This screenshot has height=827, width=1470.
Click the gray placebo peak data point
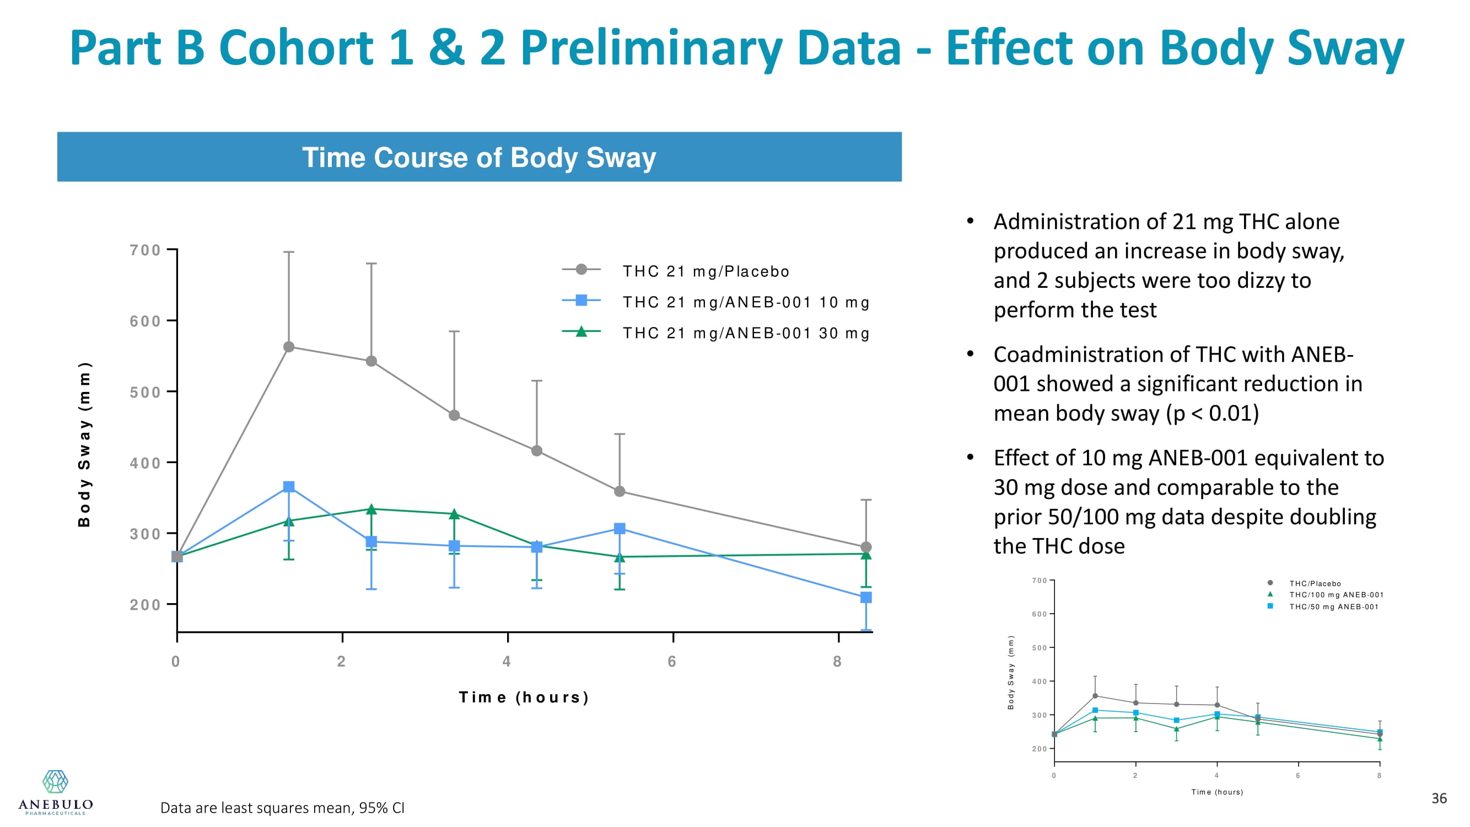[289, 346]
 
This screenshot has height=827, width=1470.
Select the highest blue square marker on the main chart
[289, 486]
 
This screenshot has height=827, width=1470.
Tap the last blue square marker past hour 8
[866, 597]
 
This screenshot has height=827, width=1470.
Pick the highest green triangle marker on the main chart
[371, 508]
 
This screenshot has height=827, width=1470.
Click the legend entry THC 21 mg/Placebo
[706, 271]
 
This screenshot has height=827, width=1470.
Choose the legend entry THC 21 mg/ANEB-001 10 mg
[745, 302]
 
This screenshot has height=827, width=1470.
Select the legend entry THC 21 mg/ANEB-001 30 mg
[745, 333]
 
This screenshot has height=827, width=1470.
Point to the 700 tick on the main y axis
[145, 250]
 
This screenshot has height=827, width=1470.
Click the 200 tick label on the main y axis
[145, 604]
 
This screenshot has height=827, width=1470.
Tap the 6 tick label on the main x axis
[672, 661]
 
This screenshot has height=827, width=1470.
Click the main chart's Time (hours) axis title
[524, 697]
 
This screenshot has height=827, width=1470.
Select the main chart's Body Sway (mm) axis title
[84, 444]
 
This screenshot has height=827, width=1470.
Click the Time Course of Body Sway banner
[479, 157]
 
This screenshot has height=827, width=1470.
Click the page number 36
[1439, 798]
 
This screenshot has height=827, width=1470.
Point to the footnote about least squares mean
[282, 808]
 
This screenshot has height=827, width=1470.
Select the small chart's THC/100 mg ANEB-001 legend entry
[1336, 595]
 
